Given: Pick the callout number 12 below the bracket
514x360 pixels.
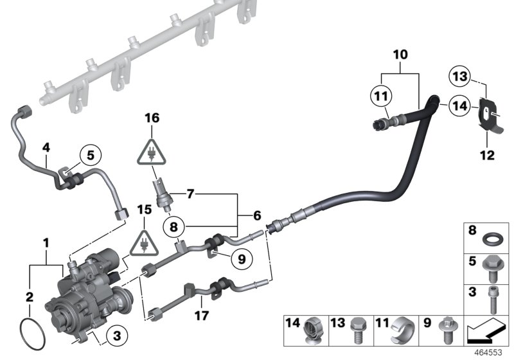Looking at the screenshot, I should [x=490, y=155].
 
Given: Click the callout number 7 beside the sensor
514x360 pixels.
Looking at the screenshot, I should [x=190, y=193].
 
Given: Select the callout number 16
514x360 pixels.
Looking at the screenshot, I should [x=152, y=118].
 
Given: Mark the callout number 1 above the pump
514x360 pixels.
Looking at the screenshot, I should [x=46, y=243].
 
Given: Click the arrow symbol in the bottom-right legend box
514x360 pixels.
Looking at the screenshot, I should [x=486, y=333].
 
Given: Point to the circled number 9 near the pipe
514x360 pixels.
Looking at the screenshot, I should [x=242, y=259].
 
